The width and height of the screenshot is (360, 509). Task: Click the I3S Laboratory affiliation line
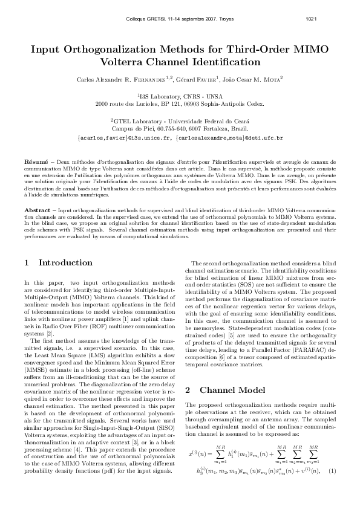(x=180, y=96)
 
